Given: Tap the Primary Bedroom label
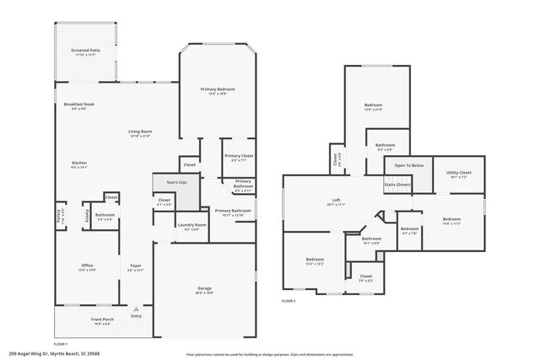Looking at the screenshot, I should [x=217, y=89].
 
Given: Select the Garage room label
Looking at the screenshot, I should [x=203, y=287].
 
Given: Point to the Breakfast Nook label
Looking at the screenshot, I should [x=78, y=105].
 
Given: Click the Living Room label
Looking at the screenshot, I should [x=140, y=132].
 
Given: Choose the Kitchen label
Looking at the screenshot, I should [x=79, y=164].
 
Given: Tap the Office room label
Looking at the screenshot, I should [x=87, y=266].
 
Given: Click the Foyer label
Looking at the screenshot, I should [x=135, y=266].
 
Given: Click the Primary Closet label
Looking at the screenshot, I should [x=238, y=155].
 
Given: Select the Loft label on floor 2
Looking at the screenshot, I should [x=336, y=200].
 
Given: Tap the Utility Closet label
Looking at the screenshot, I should [x=458, y=173].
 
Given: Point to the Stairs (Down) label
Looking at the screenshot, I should [x=397, y=184].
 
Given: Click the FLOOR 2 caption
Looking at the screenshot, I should [x=289, y=300].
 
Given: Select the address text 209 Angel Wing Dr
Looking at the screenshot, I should [x=27, y=353].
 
